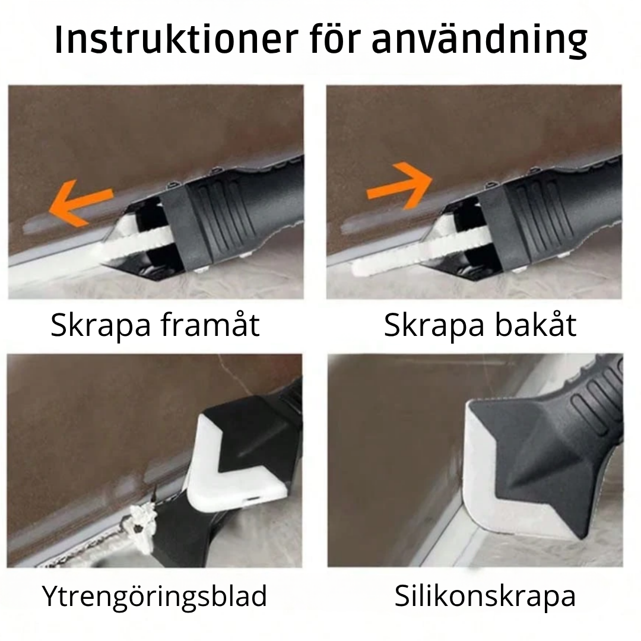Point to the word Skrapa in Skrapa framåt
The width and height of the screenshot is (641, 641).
point(100,326)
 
